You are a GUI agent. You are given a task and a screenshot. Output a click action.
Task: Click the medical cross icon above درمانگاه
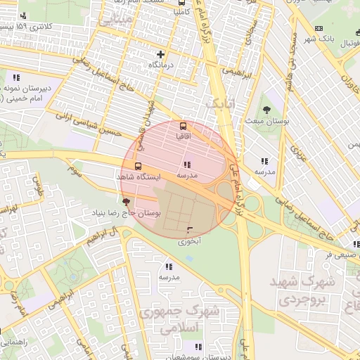click(161, 53)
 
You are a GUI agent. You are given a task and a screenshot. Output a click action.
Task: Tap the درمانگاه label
click(161, 64)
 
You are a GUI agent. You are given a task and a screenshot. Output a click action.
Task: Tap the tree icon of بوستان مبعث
click(267, 109)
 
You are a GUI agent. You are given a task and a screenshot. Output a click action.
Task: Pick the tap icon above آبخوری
click(189, 231)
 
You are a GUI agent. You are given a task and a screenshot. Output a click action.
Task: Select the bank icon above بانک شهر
click(319, 28)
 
